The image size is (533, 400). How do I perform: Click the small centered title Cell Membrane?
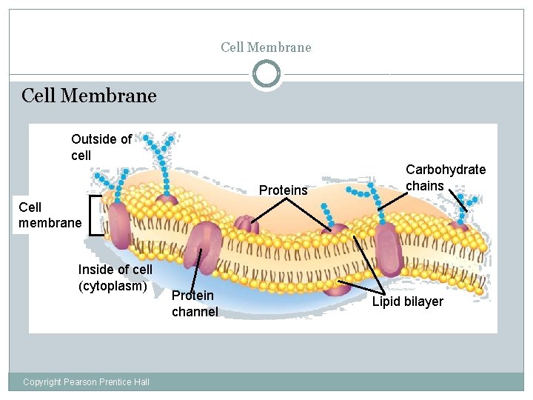pyautogui.click(x=266, y=47)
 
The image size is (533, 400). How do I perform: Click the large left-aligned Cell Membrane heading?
pyautogui.click(x=89, y=96)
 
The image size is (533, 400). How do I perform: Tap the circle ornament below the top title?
pyautogui.click(x=266, y=74)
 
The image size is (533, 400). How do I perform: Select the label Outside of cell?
pyautogui.click(x=101, y=147)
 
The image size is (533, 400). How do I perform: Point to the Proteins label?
pyautogui.click(x=283, y=190)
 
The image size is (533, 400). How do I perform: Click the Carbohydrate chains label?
pyautogui.click(x=445, y=177)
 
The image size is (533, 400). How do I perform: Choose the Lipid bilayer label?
pyautogui.click(x=407, y=301)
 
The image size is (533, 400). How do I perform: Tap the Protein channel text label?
pyautogui.click(x=194, y=304)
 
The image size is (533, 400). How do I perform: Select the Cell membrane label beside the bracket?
pyautogui.click(x=50, y=215)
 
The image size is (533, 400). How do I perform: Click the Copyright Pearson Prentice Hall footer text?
pyautogui.click(x=86, y=381)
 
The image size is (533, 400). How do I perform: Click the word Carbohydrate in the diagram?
pyautogui.click(x=445, y=170)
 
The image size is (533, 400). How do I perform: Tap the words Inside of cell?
pyautogui.click(x=115, y=270)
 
